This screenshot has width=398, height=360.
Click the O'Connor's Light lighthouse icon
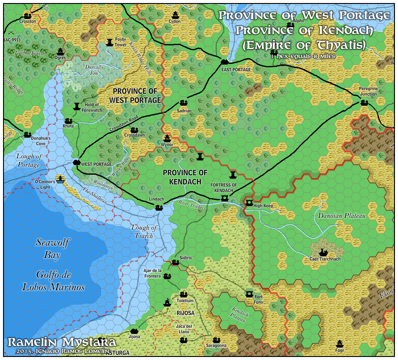(61, 179)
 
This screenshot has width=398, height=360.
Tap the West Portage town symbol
(77, 162)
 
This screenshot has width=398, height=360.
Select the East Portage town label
(236, 70)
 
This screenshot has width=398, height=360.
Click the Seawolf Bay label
(52, 249)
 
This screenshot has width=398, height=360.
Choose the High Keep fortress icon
(249, 202)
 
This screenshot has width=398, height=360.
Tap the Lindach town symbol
(159, 208)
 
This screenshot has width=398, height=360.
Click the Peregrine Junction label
(368, 91)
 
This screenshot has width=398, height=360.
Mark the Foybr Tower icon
(110, 42)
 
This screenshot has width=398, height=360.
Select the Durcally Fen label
(94, 70)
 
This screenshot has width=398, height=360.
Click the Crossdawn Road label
(124, 124)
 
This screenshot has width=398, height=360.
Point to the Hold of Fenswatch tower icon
(77, 106)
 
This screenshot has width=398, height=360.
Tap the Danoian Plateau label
(341, 216)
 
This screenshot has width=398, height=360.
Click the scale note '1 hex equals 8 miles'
(303, 56)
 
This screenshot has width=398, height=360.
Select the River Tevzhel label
(191, 204)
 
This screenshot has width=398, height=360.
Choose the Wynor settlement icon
(167, 138)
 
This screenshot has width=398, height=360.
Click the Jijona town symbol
(134, 331)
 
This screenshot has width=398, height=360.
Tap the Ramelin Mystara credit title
(61, 342)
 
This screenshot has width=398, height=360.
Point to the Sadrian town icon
(183, 103)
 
